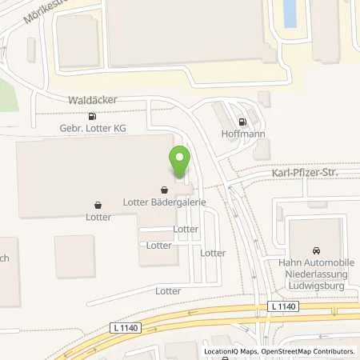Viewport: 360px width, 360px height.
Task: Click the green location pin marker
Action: [x=179, y=163]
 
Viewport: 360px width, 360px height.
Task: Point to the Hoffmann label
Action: [x=243, y=135]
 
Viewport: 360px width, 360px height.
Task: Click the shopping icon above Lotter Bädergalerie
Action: [x=165, y=191]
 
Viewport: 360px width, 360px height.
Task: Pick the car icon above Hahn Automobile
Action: [x=316, y=248]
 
